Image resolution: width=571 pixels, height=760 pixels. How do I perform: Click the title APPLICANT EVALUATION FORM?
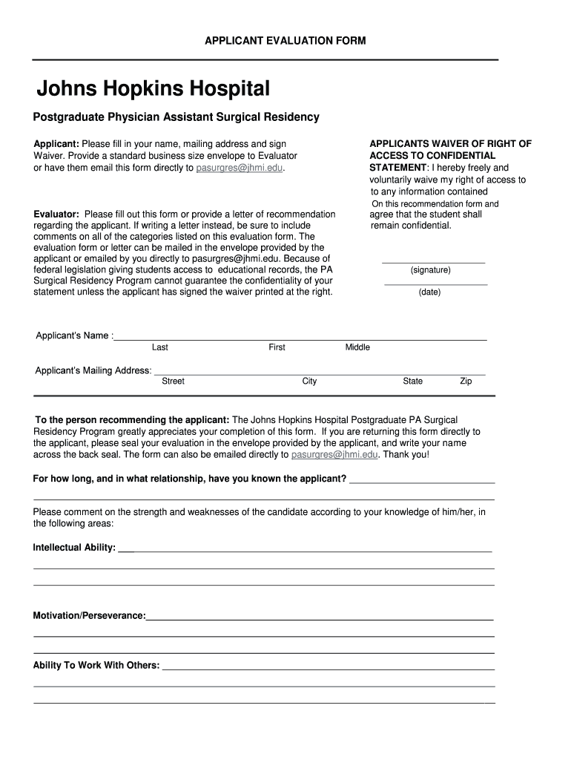285,40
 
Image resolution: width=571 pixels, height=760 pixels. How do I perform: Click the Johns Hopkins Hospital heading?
154,91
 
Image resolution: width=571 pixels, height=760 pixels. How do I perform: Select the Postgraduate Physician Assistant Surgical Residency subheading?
176,117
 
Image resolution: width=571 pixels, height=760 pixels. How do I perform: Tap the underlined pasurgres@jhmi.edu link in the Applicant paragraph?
240,168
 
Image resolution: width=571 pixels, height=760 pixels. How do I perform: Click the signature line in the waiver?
433,262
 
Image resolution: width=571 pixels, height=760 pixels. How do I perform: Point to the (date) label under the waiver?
429,292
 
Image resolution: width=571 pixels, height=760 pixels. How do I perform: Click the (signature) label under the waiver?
430,270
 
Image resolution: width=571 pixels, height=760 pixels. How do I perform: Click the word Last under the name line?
160,347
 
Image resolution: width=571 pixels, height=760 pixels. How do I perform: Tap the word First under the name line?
277,347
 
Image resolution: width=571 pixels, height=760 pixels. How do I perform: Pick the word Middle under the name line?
357,347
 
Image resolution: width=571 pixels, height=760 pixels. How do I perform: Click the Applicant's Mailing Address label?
93,370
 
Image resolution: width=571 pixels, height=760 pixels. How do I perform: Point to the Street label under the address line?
174,381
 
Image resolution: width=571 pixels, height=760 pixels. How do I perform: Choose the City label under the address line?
309,381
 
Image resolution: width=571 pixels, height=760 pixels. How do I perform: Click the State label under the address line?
413,381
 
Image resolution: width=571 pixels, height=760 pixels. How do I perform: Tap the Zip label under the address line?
466,381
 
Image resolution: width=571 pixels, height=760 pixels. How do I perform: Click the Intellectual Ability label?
74,548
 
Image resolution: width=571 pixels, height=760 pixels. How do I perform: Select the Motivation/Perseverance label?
89,616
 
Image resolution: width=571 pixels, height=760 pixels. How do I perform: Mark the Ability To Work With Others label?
96,665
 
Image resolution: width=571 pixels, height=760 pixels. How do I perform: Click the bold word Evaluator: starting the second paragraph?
57,214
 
